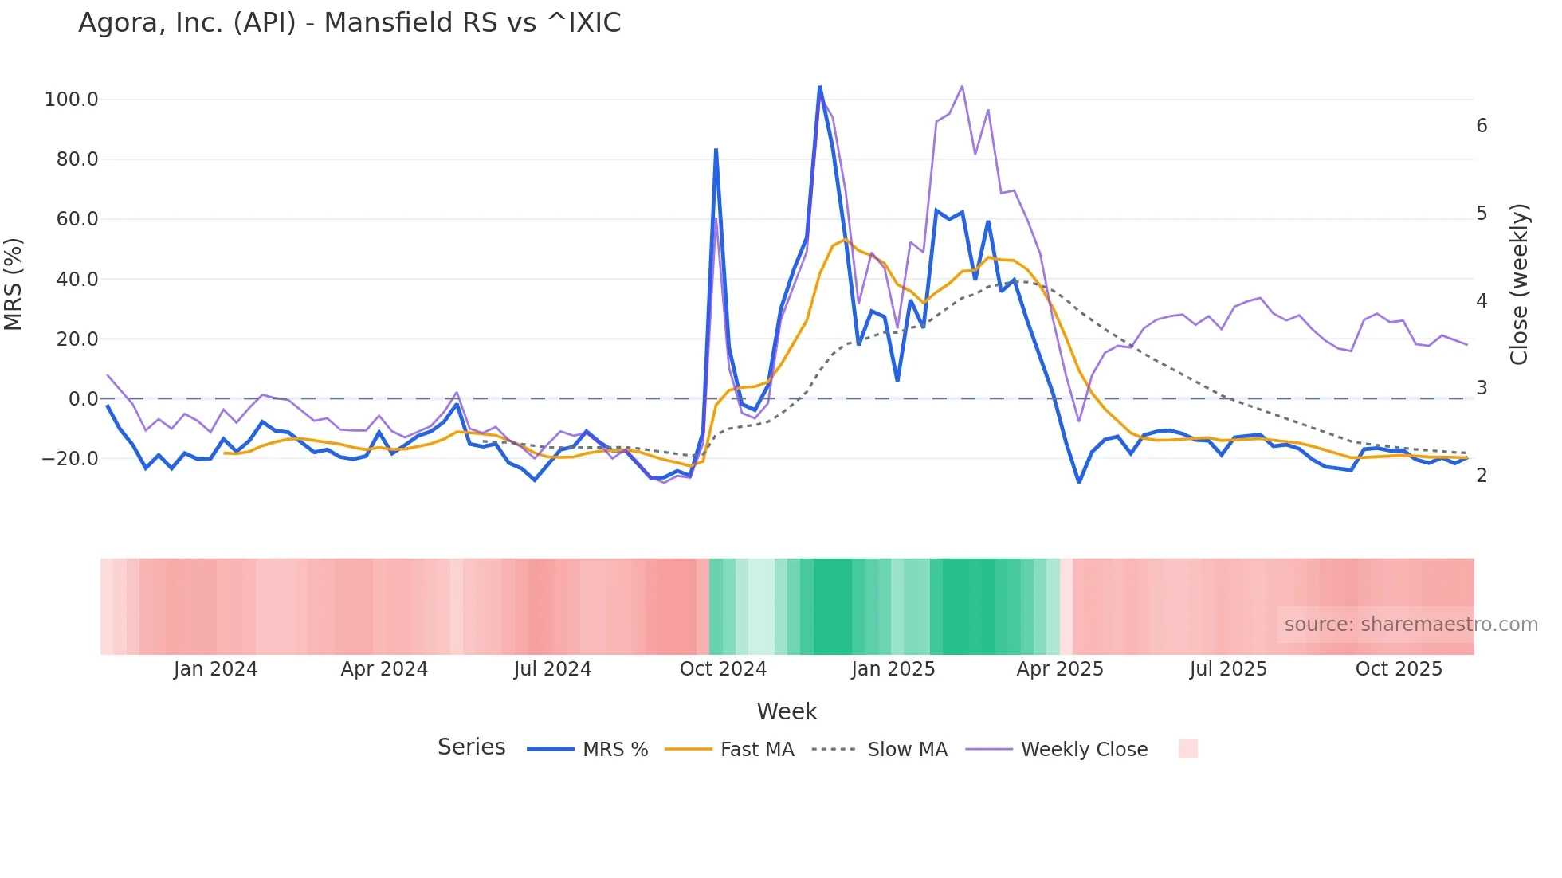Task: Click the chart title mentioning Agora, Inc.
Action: tap(349, 23)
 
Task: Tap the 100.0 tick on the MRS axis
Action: tap(71, 100)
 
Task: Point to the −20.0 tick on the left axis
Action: tap(69, 459)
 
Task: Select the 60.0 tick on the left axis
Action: tap(77, 219)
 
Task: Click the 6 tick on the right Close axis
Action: tap(1482, 126)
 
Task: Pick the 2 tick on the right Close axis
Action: tap(1482, 476)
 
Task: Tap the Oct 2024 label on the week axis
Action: tap(723, 669)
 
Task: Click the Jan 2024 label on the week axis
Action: tap(215, 669)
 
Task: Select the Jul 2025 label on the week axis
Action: tap(1228, 669)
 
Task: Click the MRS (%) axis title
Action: tap(14, 284)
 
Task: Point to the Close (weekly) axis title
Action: tap(1519, 284)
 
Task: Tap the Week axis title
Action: tap(787, 711)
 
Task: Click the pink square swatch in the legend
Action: tap(1187, 749)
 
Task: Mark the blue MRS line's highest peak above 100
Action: tap(819, 87)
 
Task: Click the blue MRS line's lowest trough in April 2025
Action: tap(1079, 482)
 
